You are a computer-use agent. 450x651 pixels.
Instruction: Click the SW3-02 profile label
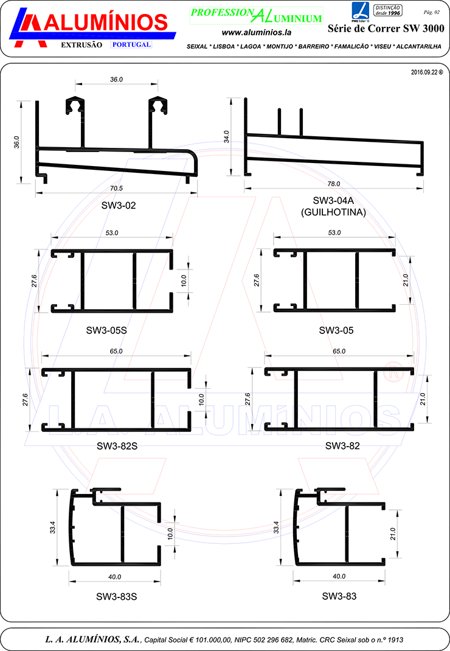click(119, 206)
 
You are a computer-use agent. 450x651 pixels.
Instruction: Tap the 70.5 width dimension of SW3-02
click(116, 188)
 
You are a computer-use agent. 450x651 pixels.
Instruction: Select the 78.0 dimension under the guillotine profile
click(334, 184)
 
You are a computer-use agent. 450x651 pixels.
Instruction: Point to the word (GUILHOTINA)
click(333, 212)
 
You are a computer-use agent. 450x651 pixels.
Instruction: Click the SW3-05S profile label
click(106, 331)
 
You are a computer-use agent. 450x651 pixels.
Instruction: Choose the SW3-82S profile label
click(117, 446)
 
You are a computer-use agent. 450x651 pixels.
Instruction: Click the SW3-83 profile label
click(339, 596)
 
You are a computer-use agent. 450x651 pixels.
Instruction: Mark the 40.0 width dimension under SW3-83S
click(115, 577)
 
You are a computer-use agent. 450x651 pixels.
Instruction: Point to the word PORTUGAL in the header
click(131, 44)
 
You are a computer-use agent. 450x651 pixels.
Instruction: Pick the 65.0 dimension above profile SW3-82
click(339, 352)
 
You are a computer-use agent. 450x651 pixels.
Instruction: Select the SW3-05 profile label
click(336, 331)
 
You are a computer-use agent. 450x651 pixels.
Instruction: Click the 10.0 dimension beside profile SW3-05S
click(184, 281)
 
